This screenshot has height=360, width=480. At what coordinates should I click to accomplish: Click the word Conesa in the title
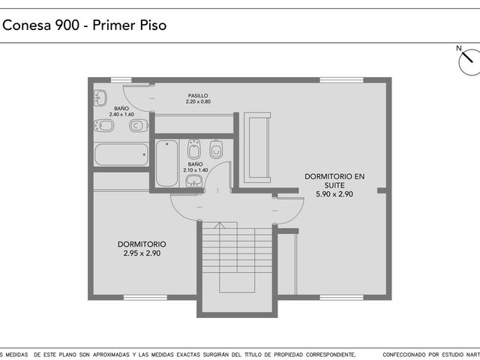point(27,25)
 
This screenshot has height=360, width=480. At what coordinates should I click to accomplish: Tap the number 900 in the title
point(67,25)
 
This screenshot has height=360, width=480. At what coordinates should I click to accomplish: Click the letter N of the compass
point(458,48)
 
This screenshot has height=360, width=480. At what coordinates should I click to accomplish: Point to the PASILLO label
point(198,96)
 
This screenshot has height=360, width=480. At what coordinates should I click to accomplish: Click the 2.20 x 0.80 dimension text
point(198,102)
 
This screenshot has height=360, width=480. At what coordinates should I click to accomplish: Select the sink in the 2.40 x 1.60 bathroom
point(100,98)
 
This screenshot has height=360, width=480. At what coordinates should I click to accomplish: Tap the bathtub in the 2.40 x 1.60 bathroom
point(121,154)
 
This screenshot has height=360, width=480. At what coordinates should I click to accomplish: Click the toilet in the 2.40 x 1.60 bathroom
point(139,125)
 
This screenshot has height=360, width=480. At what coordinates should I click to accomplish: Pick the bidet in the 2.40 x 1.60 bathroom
point(103,125)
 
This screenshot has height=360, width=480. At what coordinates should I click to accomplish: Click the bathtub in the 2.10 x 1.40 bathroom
point(166,163)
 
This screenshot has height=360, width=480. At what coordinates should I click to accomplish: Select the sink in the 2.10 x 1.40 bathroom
point(193,181)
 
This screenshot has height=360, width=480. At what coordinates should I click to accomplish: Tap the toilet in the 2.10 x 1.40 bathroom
point(216,149)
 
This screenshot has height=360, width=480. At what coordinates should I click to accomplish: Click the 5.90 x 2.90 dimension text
point(334,194)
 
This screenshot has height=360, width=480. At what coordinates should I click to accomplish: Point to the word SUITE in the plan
point(334,185)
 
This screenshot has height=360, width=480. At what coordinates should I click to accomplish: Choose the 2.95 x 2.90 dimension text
point(142,253)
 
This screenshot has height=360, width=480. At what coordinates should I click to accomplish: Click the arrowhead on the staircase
point(220,225)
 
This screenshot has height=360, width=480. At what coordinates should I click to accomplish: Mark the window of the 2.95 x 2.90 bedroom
point(145,297)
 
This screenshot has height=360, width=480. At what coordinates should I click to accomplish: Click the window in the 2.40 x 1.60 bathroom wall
point(121,80)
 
